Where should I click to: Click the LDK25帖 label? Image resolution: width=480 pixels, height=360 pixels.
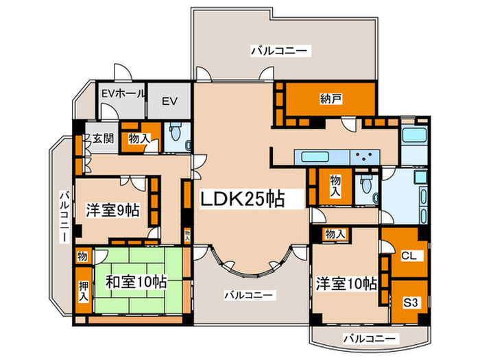[x=251, y=199]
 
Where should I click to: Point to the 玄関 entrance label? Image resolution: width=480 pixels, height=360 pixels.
[x=104, y=138]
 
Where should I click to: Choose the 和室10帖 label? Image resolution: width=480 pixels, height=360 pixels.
[x=136, y=281]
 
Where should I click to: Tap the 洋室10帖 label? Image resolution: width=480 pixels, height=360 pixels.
[x=346, y=283]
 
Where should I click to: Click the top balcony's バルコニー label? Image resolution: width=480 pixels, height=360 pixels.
[x=280, y=50]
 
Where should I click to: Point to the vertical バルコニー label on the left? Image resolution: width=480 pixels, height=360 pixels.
[x=62, y=216]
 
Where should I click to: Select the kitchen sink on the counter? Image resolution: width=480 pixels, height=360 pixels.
[x=312, y=156]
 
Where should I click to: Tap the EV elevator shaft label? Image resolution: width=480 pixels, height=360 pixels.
[x=169, y=101]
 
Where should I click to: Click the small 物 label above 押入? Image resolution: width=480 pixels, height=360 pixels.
[x=82, y=256]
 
